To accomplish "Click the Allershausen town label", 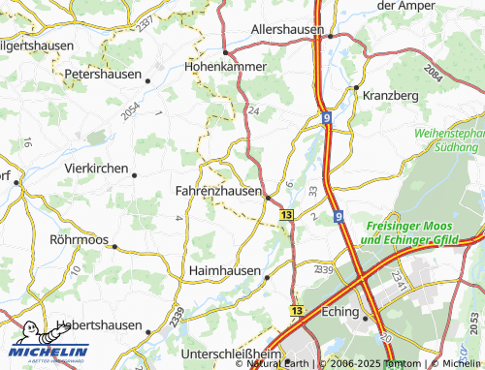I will (287, 30).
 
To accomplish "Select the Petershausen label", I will (102, 74).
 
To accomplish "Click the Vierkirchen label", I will (96, 169).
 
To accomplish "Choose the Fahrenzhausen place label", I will (218, 192).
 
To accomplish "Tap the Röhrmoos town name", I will (79, 238).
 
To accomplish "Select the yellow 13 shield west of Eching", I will (296, 310).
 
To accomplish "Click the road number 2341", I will (398, 280).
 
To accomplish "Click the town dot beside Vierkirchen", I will (134, 175).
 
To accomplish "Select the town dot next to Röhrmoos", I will (113, 246).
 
